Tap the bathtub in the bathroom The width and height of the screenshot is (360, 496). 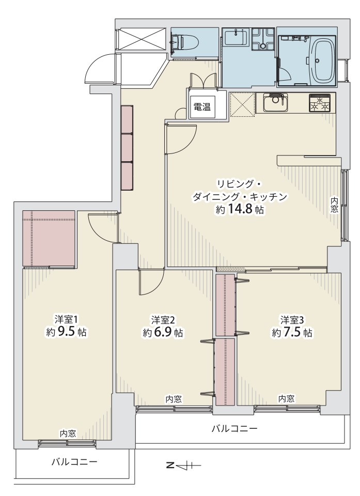pos(322,61)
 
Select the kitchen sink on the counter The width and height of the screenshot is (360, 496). pos(275,103)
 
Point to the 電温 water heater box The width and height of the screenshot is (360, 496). pos(202,107)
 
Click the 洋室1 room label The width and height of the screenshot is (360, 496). pos(66,319)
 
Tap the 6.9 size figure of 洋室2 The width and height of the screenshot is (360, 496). pos(164,333)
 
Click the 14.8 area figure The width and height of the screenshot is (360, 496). pos(240,210)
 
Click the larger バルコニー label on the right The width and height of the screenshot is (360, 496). pos(234,429)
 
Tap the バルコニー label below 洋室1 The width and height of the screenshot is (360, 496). pos(74,462)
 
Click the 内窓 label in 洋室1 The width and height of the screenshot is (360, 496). pos(68,433)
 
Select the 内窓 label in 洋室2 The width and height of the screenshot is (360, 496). pos(174,399)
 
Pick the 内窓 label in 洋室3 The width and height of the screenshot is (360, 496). pos(287,398)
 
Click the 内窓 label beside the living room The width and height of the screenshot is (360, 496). pos(334,205)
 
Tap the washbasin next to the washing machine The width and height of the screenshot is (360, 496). pos(236,37)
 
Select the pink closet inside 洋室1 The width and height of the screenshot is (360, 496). pos(49,239)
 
